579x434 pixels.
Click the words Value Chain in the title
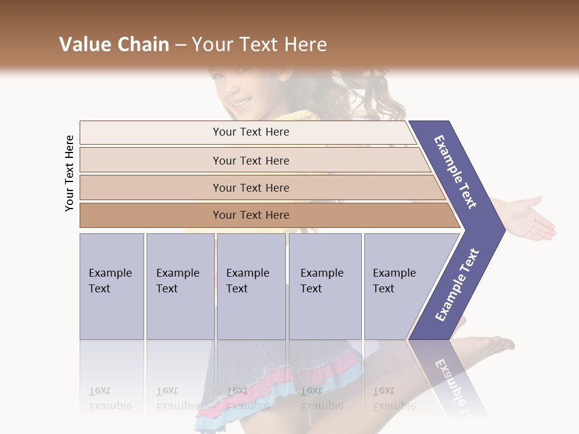pos(114,45)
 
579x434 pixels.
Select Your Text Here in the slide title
pos(259,45)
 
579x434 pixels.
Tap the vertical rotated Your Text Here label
pos(69,173)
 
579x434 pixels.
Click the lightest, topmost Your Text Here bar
pos(250,132)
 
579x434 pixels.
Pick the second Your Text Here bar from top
pos(250,160)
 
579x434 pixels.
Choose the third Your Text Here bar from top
pos(250,187)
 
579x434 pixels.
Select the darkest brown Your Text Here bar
pos(250,215)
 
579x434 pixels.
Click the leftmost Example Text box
pos(112,286)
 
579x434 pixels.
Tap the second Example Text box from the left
pos(180,286)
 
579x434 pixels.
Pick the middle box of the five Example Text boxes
pos(251,286)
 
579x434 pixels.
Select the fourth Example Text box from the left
pos(325,286)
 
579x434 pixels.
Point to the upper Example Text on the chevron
pos(455,172)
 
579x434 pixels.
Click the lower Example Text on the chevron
pos(457,285)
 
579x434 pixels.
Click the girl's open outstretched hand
pos(531,220)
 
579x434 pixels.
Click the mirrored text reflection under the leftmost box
pos(110,398)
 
